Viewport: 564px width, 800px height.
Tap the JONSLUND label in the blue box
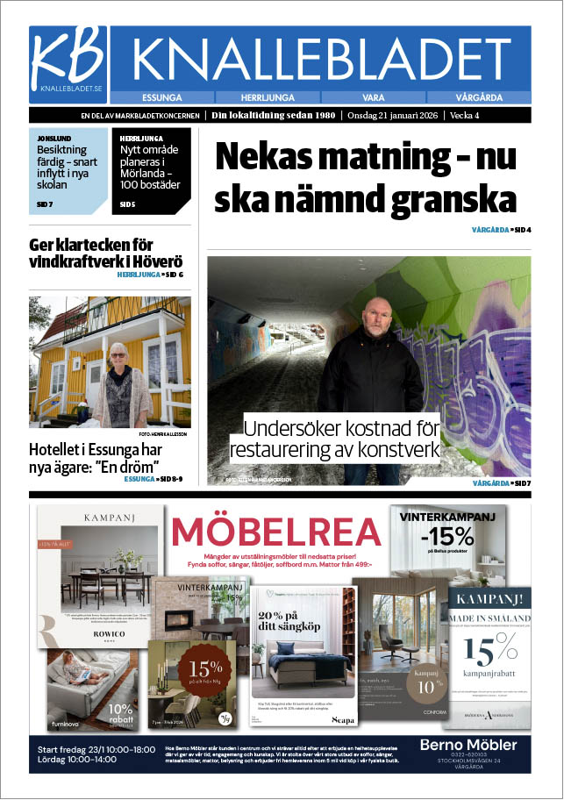tap(54, 139)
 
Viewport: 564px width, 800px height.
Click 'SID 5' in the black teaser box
tap(127, 204)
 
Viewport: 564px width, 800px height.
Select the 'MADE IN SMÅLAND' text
tap(491, 618)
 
